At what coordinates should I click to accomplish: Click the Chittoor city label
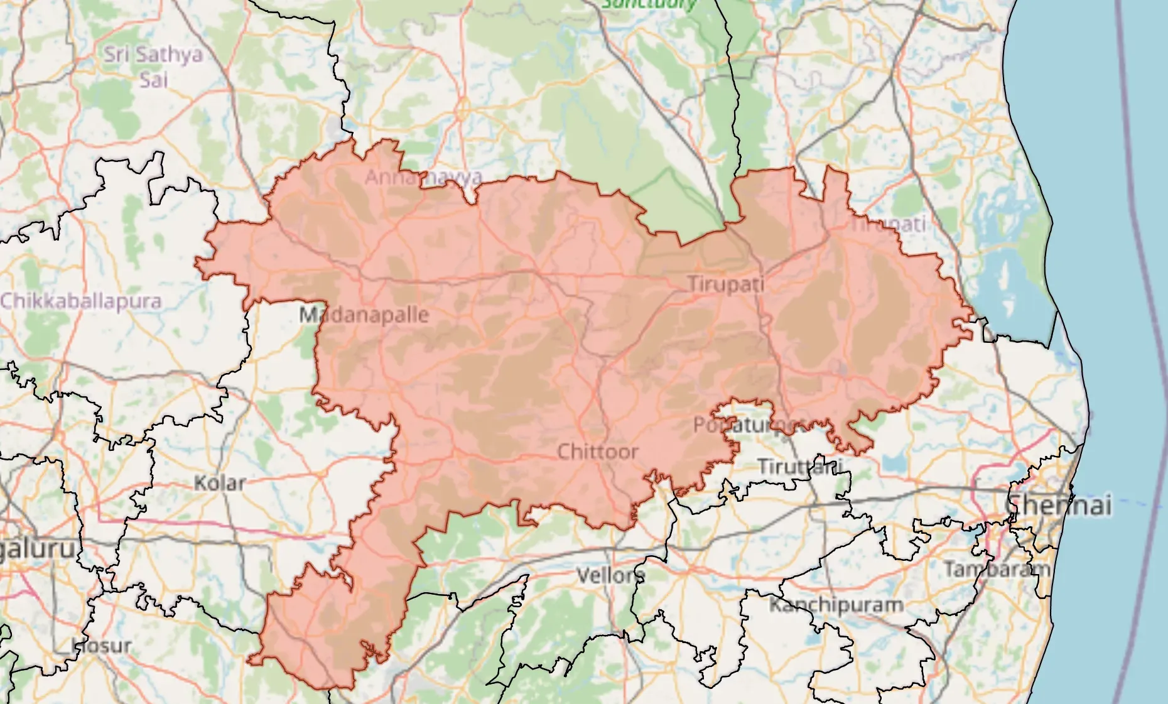(597, 452)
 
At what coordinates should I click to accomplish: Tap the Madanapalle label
(364, 315)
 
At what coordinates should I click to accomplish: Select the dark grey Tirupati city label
(726, 284)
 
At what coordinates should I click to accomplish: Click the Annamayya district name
(424, 177)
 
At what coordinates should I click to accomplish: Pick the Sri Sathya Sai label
(153, 67)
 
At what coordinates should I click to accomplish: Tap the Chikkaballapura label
(80, 301)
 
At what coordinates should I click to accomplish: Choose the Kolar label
(219, 483)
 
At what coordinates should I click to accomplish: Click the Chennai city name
(1059, 505)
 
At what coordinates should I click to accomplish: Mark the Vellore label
(610, 575)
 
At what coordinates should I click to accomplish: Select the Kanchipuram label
(836, 605)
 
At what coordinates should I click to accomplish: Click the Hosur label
(102, 645)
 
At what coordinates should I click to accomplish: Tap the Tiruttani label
(799, 467)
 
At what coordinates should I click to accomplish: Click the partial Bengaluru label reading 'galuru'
(38, 548)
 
